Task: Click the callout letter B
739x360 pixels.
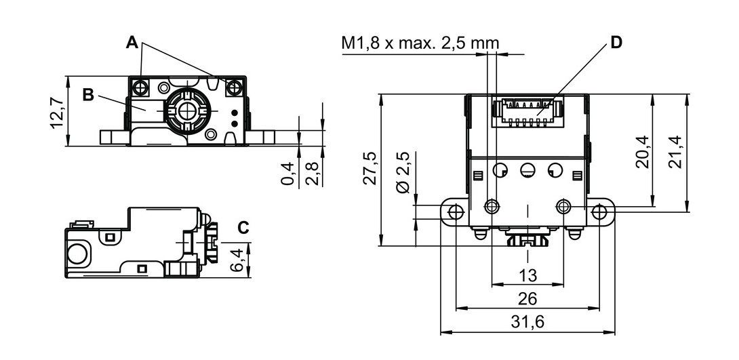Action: [x=89, y=94]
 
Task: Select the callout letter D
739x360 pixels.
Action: [x=616, y=43]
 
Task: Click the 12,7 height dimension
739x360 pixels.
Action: [x=58, y=111]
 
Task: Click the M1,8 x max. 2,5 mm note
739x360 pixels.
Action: [x=420, y=44]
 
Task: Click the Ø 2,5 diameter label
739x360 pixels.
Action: [x=403, y=172]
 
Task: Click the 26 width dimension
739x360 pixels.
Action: [x=527, y=298]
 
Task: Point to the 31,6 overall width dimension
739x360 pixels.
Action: [x=527, y=322]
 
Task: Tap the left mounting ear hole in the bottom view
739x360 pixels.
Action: [x=456, y=212]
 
